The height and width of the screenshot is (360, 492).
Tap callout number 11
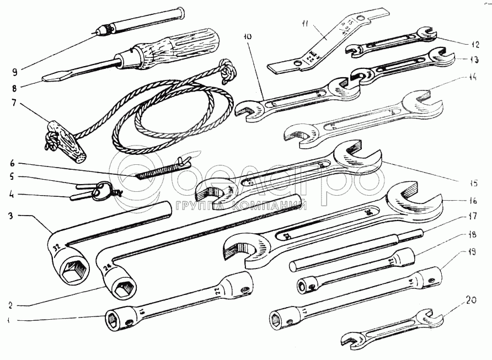pyautogui.click(x=306, y=23)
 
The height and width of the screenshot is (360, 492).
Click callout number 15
pyautogui.click(x=473, y=182)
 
